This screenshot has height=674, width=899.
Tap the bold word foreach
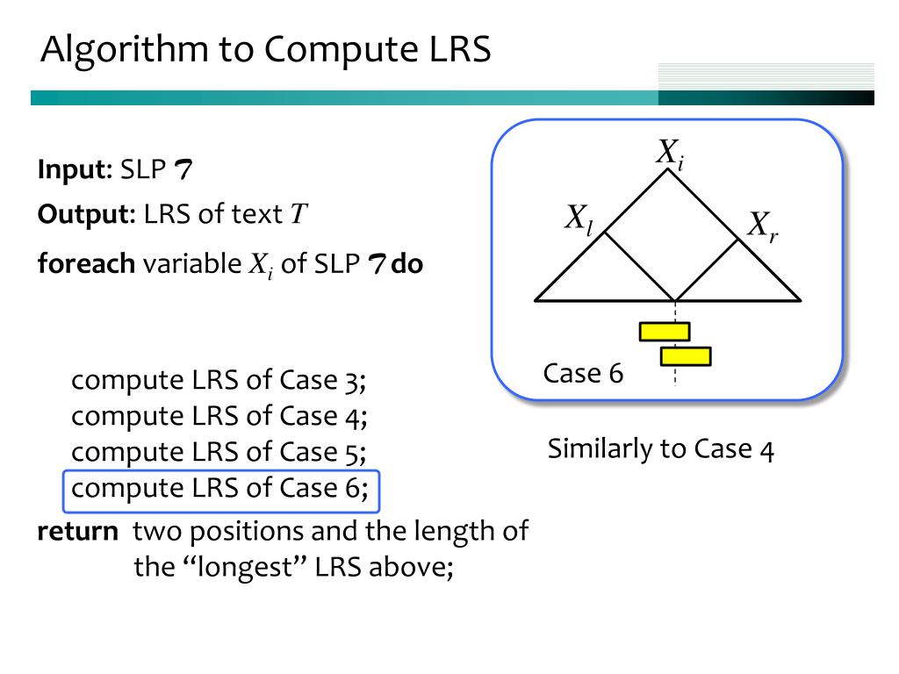tap(86, 264)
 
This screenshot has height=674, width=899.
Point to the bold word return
tap(77, 532)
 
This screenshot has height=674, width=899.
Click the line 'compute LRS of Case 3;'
tap(219, 381)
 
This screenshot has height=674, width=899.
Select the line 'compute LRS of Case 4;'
tap(219, 417)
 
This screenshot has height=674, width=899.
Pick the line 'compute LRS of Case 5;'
tap(219, 453)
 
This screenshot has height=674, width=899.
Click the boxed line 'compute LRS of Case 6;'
tap(220, 489)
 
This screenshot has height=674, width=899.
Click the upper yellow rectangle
tap(665, 331)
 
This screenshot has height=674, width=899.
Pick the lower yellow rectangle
tap(686, 356)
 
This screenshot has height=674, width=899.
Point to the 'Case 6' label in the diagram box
tap(583, 374)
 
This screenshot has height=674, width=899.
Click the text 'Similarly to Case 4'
tap(660, 450)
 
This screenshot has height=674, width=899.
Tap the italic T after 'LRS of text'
tap(298, 214)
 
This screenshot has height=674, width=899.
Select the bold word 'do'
tap(407, 264)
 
